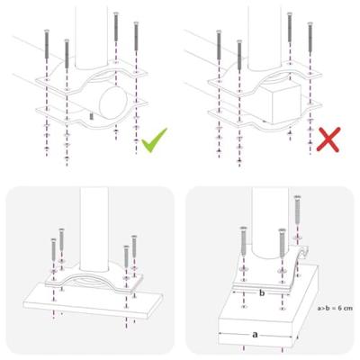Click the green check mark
point(153,141)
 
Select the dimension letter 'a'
point(255,333)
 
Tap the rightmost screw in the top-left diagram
point(136,40)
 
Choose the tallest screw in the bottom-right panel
point(298,216)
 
